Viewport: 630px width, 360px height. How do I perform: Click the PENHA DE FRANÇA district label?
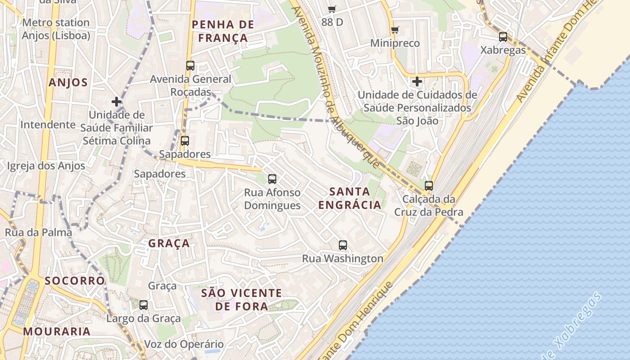pyautogui.click(x=223, y=31)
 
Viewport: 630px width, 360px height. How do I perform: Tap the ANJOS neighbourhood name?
pyautogui.click(x=68, y=82)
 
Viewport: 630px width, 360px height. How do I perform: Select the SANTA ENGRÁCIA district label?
pyautogui.click(x=350, y=198)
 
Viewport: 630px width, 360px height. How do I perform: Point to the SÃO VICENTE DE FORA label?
pyautogui.click(x=241, y=300)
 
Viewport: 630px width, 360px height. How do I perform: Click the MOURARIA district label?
pyautogui.click(x=57, y=332)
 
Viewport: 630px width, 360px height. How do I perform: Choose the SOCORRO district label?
pyautogui.click(x=75, y=281)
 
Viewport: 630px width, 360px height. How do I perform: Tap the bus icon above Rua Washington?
pyautogui.click(x=343, y=245)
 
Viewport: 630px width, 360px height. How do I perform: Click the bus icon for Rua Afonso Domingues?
pyautogui.click(x=272, y=179)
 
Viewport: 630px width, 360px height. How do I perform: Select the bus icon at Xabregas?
pyautogui.click(x=503, y=37)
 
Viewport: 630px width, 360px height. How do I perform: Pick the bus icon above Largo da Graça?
pyautogui.click(x=144, y=305)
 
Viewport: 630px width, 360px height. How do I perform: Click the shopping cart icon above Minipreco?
pyautogui.click(x=395, y=30)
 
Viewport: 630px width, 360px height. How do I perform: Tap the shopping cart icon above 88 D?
pyautogui.click(x=332, y=9)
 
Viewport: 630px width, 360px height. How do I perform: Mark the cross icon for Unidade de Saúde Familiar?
pyautogui.click(x=117, y=102)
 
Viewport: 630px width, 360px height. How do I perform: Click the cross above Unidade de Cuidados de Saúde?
pyautogui.click(x=417, y=81)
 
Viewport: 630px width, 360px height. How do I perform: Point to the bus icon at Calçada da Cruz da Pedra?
pyautogui.click(x=429, y=185)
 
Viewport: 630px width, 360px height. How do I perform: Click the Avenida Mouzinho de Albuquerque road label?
pyautogui.click(x=336, y=85)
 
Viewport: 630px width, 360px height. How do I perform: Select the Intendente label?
pyautogui.click(x=48, y=125)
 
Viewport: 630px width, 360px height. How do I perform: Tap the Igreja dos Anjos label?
pyautogui.click(x=46, y=166)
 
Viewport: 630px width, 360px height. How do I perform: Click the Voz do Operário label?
pyautogui.click(x=184, y=344)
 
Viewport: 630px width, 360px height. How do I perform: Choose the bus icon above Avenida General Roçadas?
pyautogui.click(x=190, y=66)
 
